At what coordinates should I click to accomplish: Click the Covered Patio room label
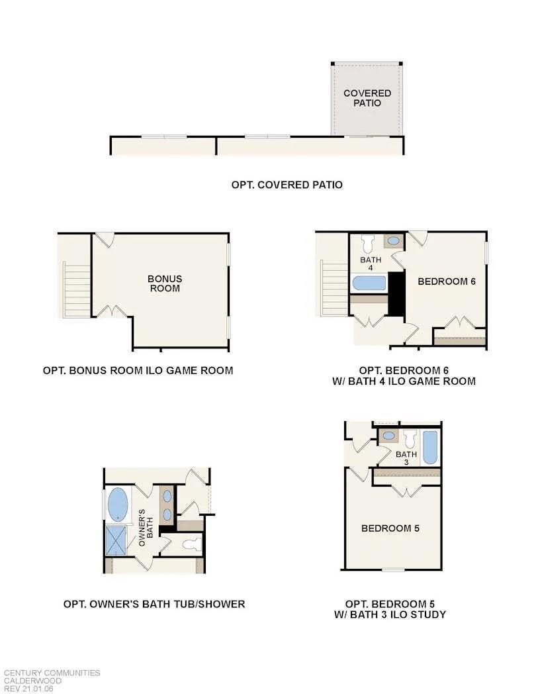tap(367, 98)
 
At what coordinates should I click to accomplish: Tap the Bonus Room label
tap(165, 283)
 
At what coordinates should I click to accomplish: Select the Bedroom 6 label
tap(447, 281)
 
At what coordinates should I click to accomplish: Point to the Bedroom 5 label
tap(390, 528)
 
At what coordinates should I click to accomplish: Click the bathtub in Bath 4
tap(369, 283)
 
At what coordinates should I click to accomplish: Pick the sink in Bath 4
tap(393, 241)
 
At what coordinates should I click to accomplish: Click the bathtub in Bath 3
tap(429, 447)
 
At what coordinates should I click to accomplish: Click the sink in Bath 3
tap(390, 436)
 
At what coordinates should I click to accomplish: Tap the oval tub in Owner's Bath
tap(118, 505)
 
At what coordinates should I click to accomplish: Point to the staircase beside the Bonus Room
tap(77, 290)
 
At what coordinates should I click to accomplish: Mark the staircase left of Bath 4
tap(334, 289)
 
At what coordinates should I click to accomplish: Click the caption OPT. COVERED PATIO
tap(287, 185)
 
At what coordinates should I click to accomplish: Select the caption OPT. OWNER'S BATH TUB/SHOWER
tap(154, 604)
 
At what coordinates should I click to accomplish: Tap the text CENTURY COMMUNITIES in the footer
tap(52, 673)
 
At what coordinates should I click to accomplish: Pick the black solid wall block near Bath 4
tap(396, 293)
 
